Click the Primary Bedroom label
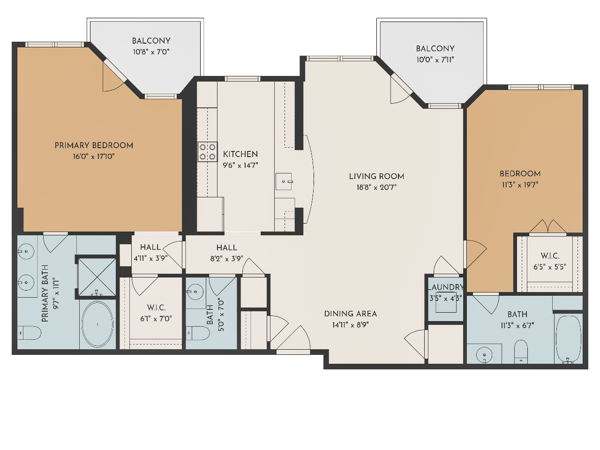(94, 145)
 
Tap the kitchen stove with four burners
(208, 152)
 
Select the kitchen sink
(284, 181)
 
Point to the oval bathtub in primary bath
(97, 324)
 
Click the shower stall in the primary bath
(97, 277)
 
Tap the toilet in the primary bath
(29, 333)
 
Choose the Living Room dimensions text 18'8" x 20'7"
(376, 187)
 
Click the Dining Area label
(351, 314)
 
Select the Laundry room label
(446, 287)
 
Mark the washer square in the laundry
(446, 303)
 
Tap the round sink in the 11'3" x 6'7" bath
(484, 355)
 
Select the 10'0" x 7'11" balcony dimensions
(435, 60)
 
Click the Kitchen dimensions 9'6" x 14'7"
(240, 165)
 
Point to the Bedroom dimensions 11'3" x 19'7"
(520, 185)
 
